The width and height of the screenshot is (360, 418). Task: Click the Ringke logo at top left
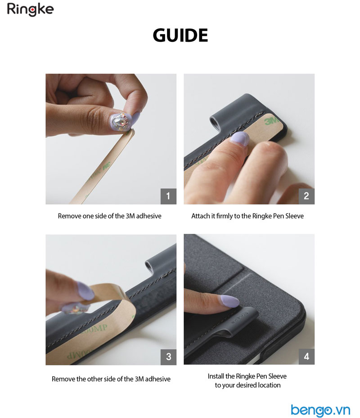[30, 9]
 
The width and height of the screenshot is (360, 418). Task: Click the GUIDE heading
[180, 36]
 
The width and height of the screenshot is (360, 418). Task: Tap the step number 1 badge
[168, 196]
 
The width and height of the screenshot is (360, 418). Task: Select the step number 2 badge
[306, 196]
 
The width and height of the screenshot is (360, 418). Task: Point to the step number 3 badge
[168, 357]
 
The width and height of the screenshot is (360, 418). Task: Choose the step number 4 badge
[306, 356]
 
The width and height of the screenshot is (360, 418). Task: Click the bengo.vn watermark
[320, 410]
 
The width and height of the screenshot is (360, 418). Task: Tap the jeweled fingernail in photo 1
[121, 122]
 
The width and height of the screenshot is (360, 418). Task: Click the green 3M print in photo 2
[271, 121]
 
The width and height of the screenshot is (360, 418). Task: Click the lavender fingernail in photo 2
[240, 138]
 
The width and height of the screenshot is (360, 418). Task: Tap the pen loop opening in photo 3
[148, 265]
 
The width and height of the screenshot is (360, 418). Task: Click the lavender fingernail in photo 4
[229, 301]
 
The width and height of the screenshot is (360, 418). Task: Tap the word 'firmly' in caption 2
[224, 216]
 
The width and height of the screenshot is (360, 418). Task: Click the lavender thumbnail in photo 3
[85, 290]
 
